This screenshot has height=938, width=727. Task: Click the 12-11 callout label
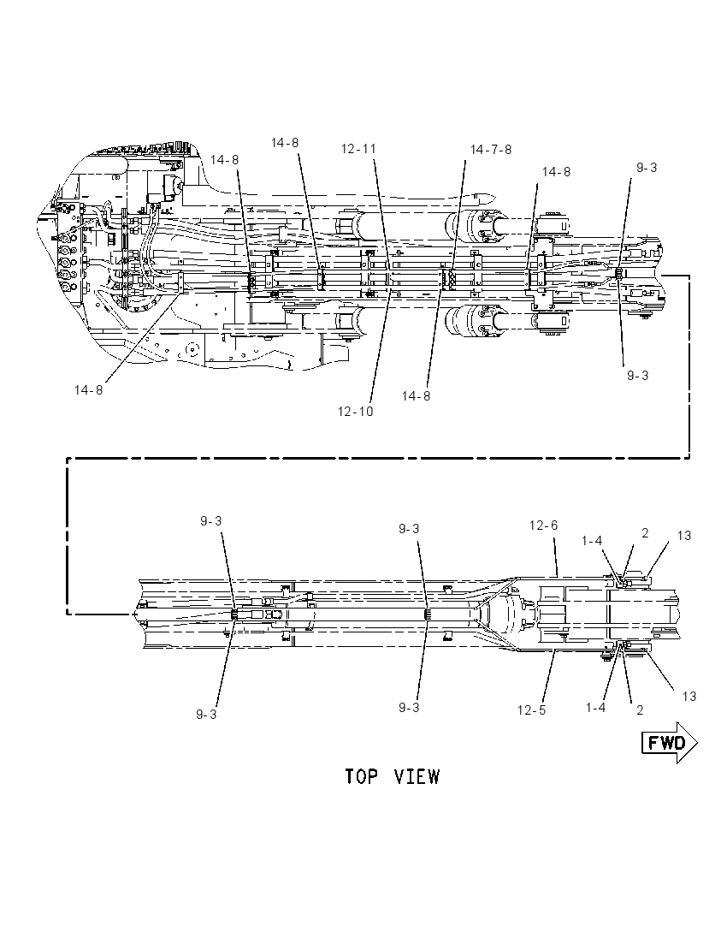pos(358,148)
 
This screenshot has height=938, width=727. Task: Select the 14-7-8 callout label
pos(491,150)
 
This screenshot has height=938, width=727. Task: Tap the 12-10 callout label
pos(355,412)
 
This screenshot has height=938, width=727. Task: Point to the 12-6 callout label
pos(543,525)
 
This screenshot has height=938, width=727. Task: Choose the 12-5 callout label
pos(531,710)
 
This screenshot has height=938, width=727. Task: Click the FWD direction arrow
pos(670,743)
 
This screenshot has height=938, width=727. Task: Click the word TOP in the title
pos(362,776)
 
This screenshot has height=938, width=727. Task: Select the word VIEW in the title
pos(417,776)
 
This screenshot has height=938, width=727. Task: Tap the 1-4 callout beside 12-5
pos(595,707)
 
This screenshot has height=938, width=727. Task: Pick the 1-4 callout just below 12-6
pos(592,541)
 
